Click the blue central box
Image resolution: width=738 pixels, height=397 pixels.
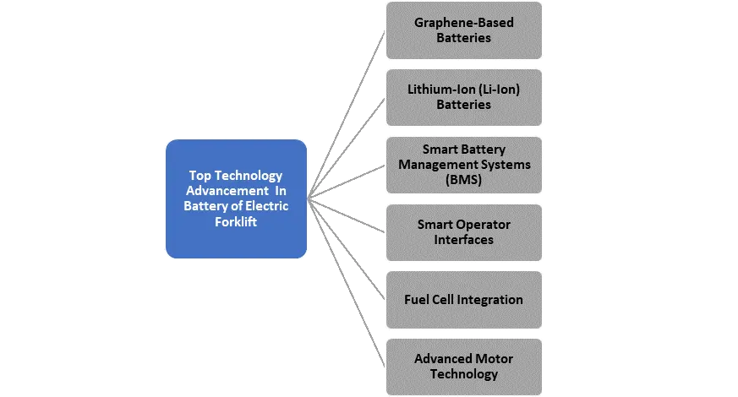pyautogui.click(x=236, y=198)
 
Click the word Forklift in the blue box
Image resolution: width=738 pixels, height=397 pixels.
pyautogui.click(x=236, y=222)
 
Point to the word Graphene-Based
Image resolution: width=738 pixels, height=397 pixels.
pyautogui.click(x=463, y=23)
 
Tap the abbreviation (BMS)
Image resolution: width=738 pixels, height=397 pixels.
pyautogui.click(x=463, y=180)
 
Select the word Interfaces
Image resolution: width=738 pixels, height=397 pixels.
pyautogui.click(x=463, y=240)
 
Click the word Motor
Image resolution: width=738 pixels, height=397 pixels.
pyautogui.click(x=495, y=359)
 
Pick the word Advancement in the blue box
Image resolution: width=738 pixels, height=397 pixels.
pyautogui.click(x=227, y=191)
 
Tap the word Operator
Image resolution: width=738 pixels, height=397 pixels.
pyautogui.click(x=481, y=225)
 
